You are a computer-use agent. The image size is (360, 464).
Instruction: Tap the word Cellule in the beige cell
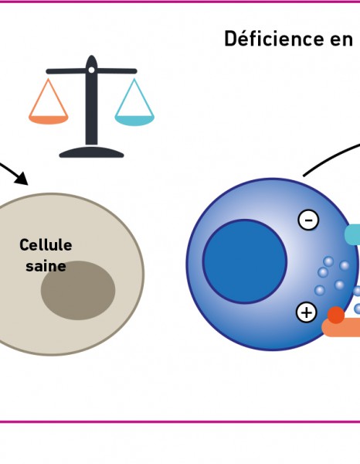pyautogui.click(x=46, y=245)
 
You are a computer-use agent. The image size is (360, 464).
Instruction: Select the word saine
pyautogui.click(x=46, y=266)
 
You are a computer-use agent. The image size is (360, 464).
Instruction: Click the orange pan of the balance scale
pyautogui.click(x=49, y=119)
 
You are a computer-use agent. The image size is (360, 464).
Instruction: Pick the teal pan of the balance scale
pyautogui.click(x=134, y=121)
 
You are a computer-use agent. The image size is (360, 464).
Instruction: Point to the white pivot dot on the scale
pyautogui.click(x=92, y=70)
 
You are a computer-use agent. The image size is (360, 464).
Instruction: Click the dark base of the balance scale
pyautogui.click(x=91, y=152)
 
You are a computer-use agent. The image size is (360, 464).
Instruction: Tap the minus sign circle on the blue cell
pyautogui.click(x=308, y=220)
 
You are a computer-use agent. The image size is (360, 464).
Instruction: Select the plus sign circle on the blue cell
pyautogui.click(x=307, y=312)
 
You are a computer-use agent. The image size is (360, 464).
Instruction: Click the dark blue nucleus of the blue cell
pyautogui.click(x=245, y=261)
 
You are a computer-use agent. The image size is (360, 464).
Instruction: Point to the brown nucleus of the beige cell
pyautogui.click(x=78, y=290)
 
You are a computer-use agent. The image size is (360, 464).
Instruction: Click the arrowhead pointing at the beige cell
pyautogui.click(x=22, y=179)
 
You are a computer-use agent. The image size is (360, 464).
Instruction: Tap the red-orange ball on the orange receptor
pyautogui.click(x=336, y=315)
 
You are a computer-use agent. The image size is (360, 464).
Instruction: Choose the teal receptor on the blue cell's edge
pyautogui.click(x=352, y=234)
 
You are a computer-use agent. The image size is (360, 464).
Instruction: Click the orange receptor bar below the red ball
pyautogui.click(x=341, y=328)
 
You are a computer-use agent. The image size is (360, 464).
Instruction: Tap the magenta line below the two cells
pyautogui.click(x=180, y=421)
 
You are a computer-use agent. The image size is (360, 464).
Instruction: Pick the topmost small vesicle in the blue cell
pyautogui.click(x=328, y=261)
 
